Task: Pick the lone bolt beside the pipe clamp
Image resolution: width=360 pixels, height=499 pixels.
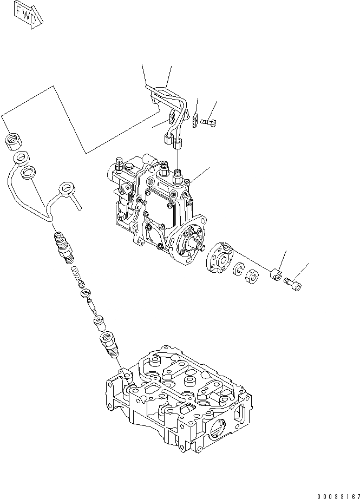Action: pyautogui.click(x=208, y=122)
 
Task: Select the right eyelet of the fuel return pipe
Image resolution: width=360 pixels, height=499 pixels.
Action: pyautogui.click(x=67, y=187)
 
